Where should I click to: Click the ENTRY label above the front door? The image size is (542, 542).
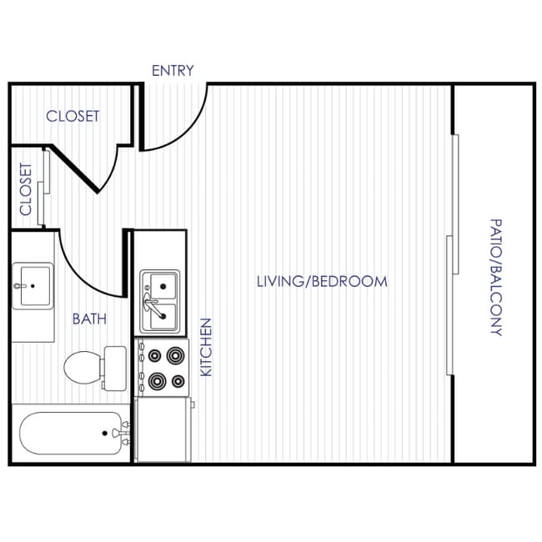173,71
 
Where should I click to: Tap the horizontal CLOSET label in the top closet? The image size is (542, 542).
73,116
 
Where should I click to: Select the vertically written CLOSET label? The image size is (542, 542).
26,188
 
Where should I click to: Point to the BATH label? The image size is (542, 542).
89,319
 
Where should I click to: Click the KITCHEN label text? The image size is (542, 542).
207,346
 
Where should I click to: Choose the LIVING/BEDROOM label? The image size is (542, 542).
322,281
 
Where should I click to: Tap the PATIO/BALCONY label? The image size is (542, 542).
495,277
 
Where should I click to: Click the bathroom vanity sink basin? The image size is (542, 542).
33,286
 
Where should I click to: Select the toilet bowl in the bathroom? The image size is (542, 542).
82,366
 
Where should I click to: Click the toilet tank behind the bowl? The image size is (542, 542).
114,367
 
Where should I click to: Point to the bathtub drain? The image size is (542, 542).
104,433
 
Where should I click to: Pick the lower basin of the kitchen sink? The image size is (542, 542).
162,314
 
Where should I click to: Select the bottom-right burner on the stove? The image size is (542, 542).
176,382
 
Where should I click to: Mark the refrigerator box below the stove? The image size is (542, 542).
162,429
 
